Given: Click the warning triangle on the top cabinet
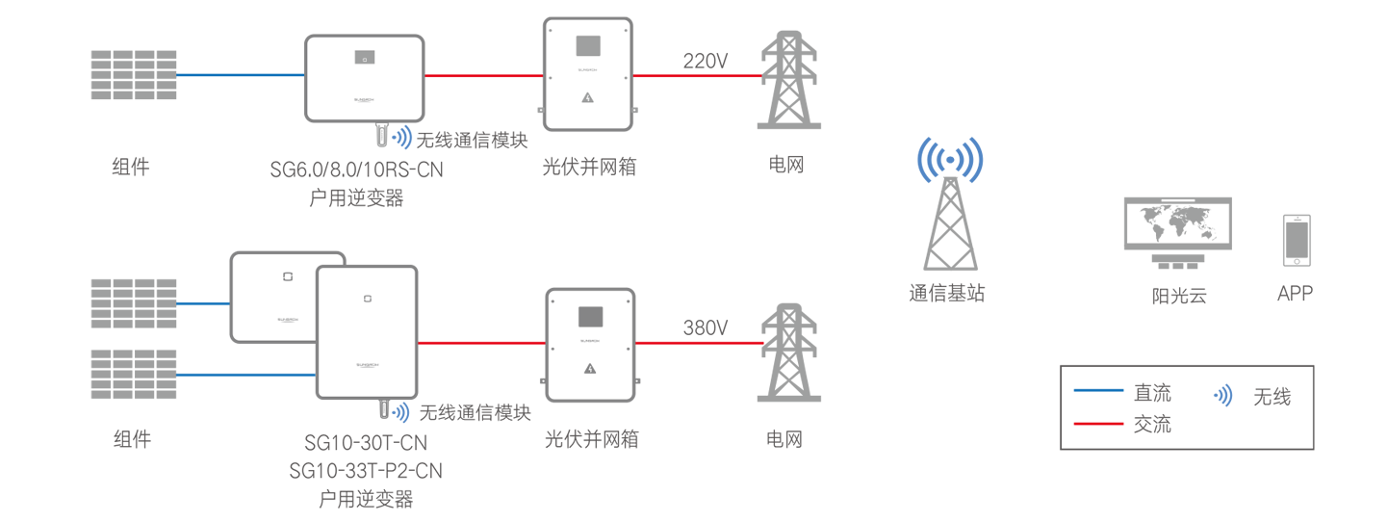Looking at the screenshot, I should (587, 98).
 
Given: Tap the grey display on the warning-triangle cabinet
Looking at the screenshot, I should (587, 45).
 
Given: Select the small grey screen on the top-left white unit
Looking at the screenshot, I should (364, 57).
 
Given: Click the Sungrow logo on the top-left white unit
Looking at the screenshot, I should (364, 100).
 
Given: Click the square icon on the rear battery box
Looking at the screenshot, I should (287, 277).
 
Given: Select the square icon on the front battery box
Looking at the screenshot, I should (367, 299).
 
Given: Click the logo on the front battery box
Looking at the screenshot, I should (367, 366).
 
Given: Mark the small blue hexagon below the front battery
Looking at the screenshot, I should (402, 415).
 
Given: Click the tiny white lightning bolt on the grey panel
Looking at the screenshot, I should (589, 368).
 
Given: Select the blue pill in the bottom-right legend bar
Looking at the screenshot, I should (1098, 389).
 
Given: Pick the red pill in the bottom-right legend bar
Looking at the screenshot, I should (1098, 421).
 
